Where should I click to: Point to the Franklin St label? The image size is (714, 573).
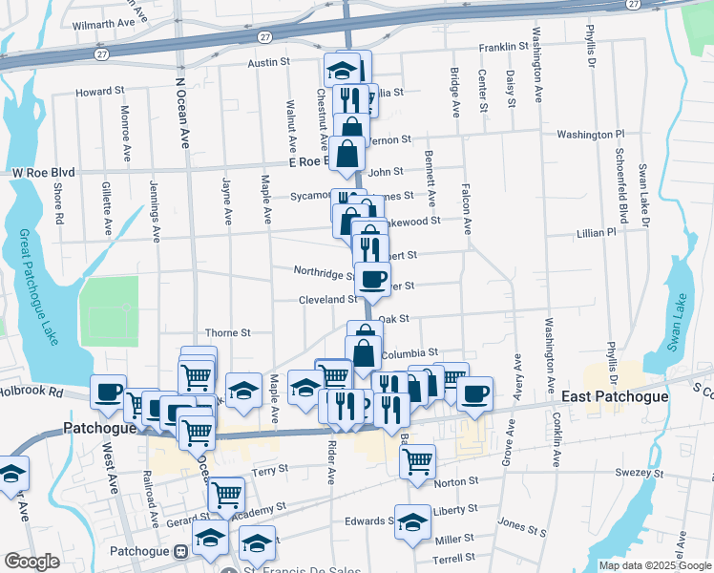[x=504, y=46]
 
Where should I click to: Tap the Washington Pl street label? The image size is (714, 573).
[x=590, y=135]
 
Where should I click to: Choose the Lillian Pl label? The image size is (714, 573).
[x=598, y=232]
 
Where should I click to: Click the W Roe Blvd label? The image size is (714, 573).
[x=43, y=172]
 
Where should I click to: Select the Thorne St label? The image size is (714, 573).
[x=227, y=332]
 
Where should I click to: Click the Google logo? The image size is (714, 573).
[x=31, y=562]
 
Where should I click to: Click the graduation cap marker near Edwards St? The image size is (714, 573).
[x=412, y=521]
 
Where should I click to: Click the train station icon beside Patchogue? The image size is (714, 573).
[x=179, y=552]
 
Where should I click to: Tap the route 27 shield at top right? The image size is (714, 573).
[x=633, y=4]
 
